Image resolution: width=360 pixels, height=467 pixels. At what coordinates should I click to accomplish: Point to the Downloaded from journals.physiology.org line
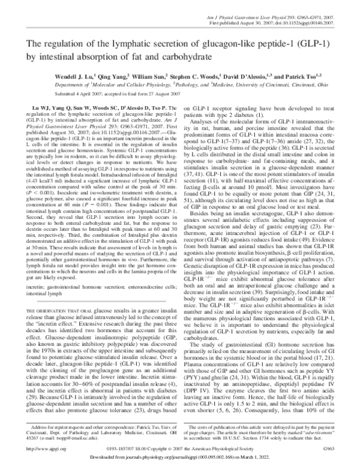pos(180,459)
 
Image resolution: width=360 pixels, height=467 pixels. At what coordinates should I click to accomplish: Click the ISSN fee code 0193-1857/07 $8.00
pos(136,447)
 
